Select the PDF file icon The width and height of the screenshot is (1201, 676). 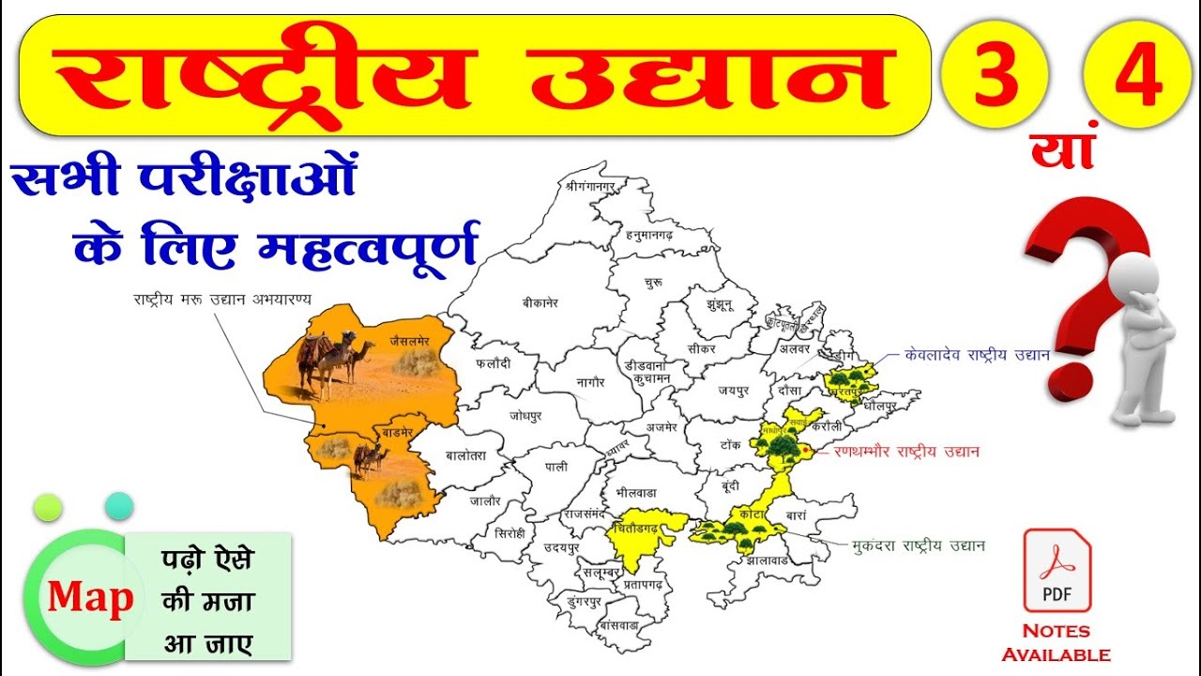1057,570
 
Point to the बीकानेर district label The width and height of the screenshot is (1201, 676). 540,303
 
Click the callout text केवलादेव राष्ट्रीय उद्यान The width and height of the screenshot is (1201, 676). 977,355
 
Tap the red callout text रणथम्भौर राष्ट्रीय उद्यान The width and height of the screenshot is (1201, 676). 906,452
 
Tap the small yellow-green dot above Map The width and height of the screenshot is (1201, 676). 48,507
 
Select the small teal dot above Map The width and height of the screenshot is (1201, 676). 119,506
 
